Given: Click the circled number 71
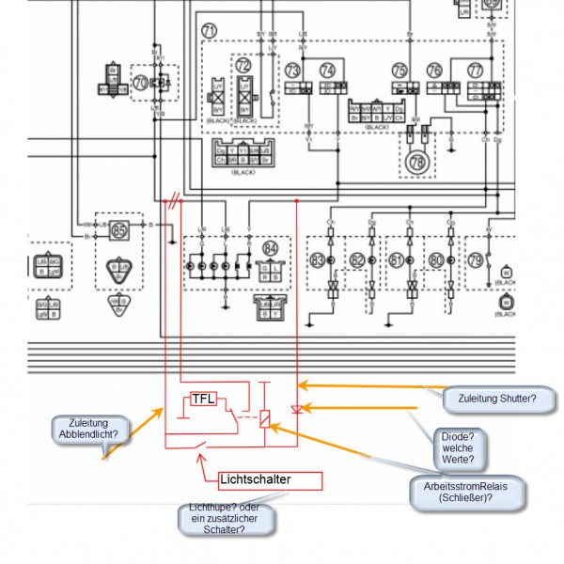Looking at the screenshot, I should [210, 32].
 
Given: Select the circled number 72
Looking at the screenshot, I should [243, 66].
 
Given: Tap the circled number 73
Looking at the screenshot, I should [293, 70].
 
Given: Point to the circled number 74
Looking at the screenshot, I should [327, 70].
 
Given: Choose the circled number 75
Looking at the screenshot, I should [399, 70].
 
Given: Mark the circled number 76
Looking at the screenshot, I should [433, 70].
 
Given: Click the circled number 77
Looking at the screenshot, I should [475, 70].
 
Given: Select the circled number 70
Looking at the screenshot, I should [142, 83].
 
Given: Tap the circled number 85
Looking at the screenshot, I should [118, 228].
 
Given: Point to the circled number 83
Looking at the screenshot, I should [318, 259].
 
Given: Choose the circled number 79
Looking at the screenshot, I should [476, 259].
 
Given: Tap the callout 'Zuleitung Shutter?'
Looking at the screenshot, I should [498, 399].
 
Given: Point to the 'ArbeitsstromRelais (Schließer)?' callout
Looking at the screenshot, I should [466, 493].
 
